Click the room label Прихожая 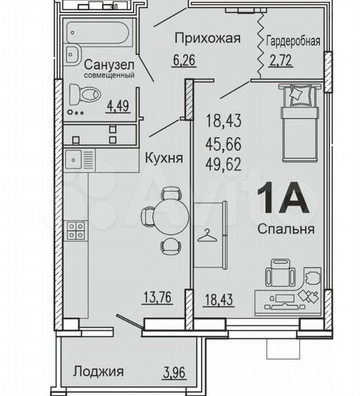click(x=206, y=40)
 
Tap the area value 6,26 click(x=183, y=62)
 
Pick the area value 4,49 click(x=118, y=104)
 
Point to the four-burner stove click(x=76, y=232)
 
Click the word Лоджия click(x=98, y=371)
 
